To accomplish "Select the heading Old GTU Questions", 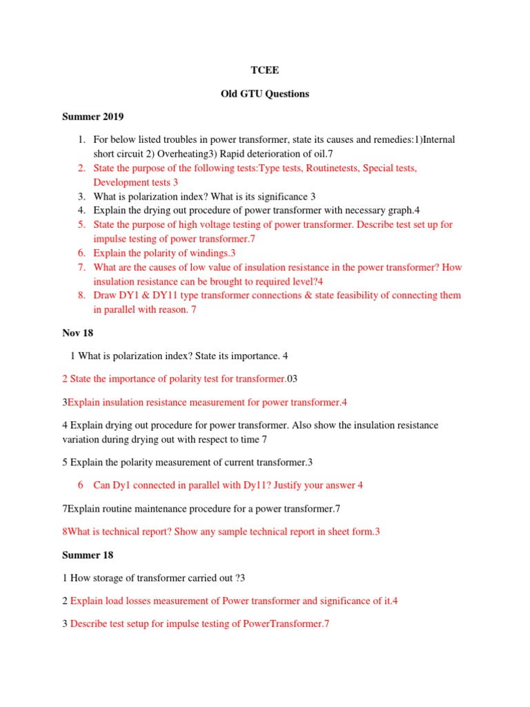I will (x=264, y=94).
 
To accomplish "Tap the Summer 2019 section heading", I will (x=92, y=117).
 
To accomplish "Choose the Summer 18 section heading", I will (x=88, y=555).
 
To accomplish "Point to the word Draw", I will (x=105, y=296).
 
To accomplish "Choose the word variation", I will (x=82, y=439).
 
